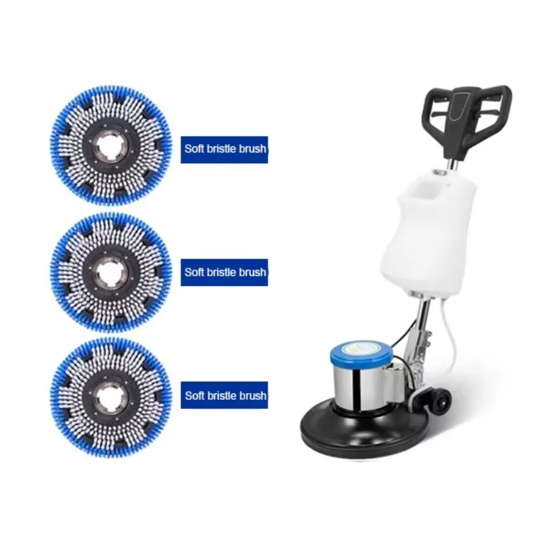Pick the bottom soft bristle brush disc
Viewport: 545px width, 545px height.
(110, 395)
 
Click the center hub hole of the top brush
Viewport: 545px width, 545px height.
(110, 145)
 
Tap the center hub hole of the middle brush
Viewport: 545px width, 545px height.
(110, 271)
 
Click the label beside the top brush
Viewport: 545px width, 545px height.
(224, 149)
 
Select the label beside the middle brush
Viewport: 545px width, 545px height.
(224, 272)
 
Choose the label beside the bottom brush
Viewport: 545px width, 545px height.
(224, 395)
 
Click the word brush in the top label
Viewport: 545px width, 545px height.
(251, 149)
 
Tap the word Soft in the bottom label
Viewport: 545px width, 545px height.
(195, 395)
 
